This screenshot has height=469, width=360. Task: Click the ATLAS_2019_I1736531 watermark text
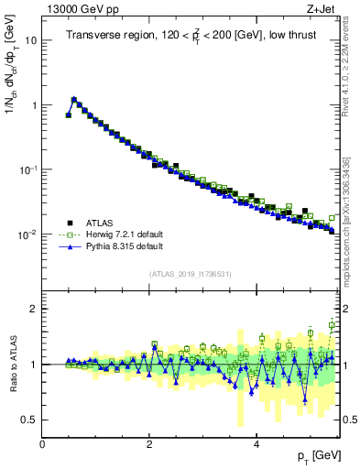(190, 274)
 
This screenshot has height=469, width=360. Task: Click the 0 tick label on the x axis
(43, 444)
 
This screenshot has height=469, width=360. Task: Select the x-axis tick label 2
(149, 444)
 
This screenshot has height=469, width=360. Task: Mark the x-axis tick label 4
(256, 444)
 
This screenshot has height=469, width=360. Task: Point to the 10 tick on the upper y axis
(31, 41)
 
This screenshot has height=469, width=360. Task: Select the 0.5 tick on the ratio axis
(28, 420)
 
